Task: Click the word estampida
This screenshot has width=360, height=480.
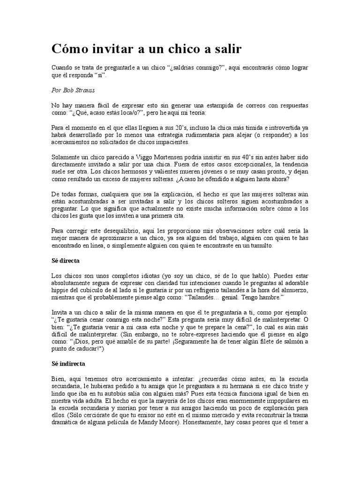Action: click(225, 106)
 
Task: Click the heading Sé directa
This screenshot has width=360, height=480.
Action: click(65, 260)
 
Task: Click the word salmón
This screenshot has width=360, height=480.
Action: click(290, 342)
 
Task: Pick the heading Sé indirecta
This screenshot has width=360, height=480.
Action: click(68, 363)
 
